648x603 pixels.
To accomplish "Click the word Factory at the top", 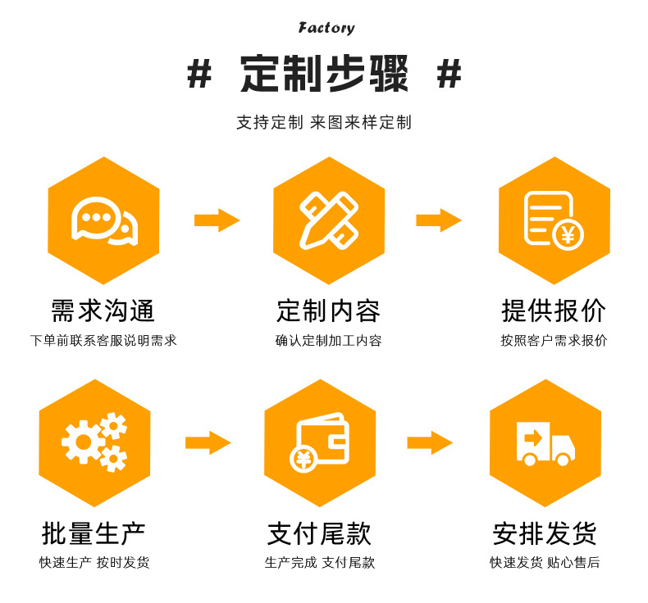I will click(x=326, y=29).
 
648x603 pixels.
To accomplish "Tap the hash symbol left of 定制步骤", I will click(x=199, y=75).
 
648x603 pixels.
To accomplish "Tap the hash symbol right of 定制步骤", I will click(x=449, y=75).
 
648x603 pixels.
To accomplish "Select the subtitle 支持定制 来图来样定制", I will click(x=324, y=123).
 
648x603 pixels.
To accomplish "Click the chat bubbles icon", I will click(x=103, y=220).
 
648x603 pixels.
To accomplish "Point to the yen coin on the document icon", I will click(x=567, y=234).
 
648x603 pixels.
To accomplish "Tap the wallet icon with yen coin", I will click(x=320, y=443).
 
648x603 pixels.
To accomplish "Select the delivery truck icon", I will click(x=545, y=443).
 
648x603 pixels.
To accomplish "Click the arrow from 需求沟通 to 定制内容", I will click(x=217, y=220).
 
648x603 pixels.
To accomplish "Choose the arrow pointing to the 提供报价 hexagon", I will click(x=439, y=220).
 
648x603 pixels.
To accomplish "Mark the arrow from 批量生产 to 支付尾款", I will click(x=208, y=442).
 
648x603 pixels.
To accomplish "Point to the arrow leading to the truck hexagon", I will click(x=430, y=442).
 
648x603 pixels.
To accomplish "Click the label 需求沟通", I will click(x=103, y=311).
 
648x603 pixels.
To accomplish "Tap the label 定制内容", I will click(x=328, y=311).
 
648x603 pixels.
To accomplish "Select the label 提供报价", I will click(x=554, y=311).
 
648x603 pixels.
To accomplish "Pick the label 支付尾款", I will click(x=320, y=533).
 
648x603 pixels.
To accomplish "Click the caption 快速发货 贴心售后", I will click(x=545, y=563).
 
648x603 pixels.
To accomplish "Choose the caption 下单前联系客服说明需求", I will click(x=103, y=341).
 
